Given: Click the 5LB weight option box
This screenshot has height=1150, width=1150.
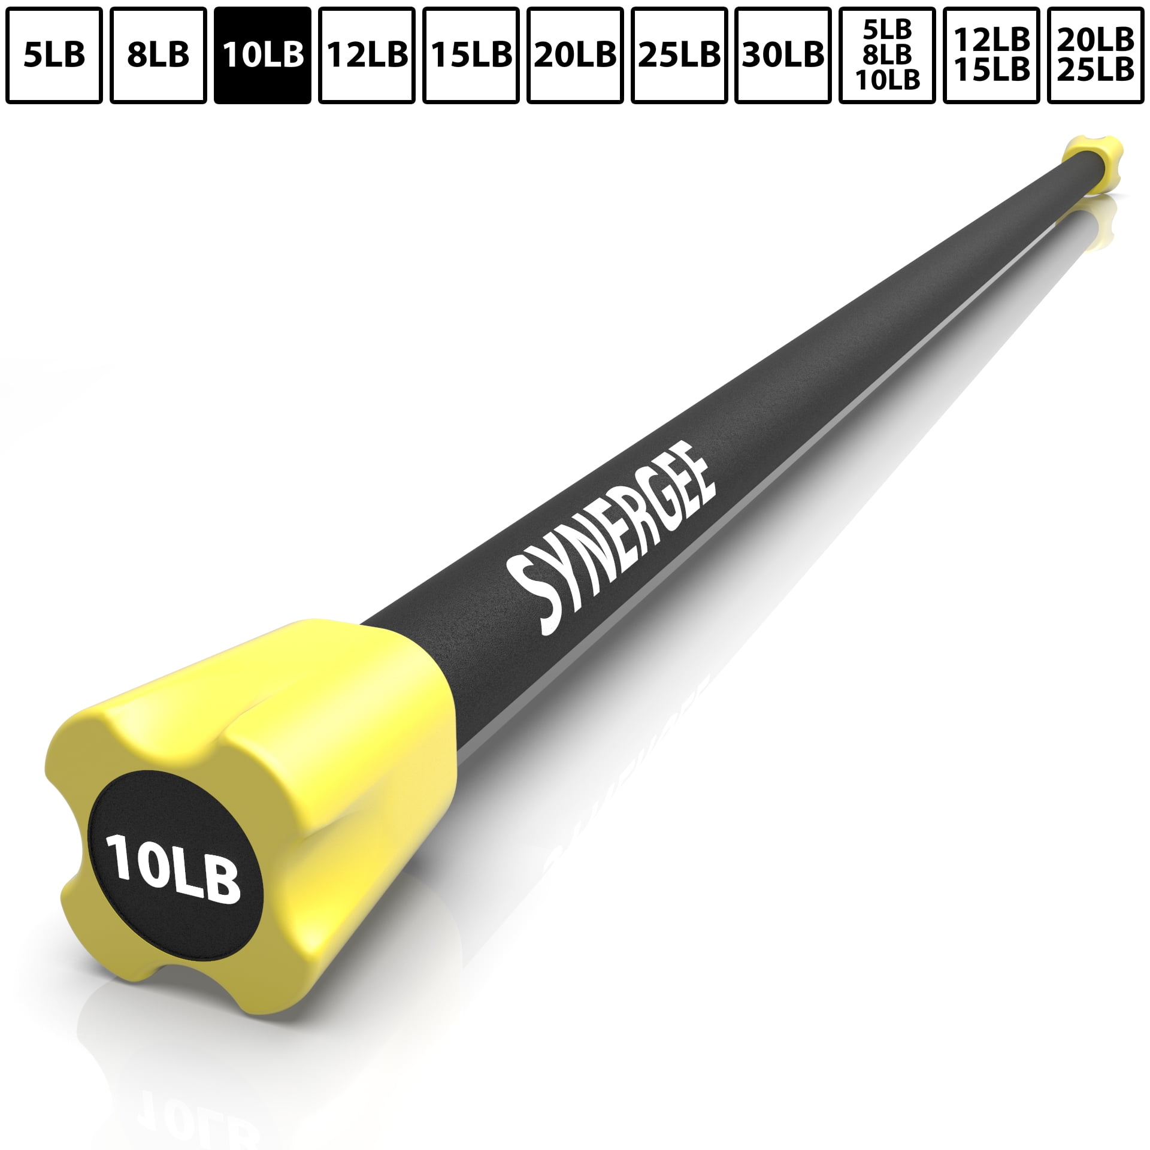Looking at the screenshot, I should pos(55,55).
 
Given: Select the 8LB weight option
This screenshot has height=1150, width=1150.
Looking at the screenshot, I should pos(158,55).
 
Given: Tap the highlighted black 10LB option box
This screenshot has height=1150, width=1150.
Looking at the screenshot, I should pos(262,55).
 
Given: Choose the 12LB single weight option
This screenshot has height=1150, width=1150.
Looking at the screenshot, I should pos(367,55).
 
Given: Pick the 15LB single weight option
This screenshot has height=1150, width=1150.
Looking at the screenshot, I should pos(471,55).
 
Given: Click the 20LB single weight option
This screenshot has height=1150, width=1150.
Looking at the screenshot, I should pos(575,55).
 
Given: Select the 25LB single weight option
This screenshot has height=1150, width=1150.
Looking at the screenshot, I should pos(679,55).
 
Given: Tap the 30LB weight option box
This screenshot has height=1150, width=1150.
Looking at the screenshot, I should pos(783,55).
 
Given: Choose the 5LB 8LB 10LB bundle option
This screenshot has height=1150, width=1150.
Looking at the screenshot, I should pos(887,55).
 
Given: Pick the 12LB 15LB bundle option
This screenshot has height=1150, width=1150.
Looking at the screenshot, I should pos(991,55).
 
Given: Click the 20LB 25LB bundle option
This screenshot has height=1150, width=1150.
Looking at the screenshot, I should pos(1095,55).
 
